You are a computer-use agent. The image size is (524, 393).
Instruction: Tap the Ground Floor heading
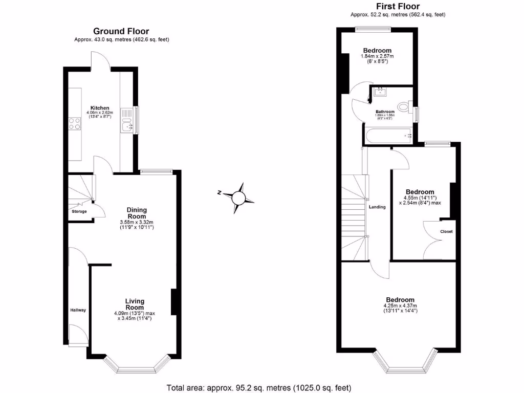(x=121, y=32)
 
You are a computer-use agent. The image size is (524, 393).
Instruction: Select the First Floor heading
(x=398, y=6)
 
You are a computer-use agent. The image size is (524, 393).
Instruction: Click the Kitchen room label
(x=100, y=108)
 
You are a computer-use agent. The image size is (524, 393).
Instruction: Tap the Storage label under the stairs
(x=79, y=211)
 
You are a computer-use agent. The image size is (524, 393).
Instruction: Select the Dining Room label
(x=137, y=213)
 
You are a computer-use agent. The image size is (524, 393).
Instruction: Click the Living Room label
(x=135, y=304)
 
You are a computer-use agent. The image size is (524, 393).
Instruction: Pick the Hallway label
(x=78, y=310)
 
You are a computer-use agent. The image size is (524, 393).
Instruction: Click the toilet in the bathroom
(x=407, y=107)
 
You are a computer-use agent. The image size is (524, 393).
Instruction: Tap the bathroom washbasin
(x=380, y=92)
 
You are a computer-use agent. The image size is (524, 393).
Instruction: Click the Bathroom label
(x=385, y=112)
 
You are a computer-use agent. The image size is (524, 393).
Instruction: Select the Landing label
(x=377, y=207)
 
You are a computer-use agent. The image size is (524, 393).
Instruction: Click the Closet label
(x=446, y=231)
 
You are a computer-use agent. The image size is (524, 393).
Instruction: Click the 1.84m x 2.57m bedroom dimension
(x=378, y=56)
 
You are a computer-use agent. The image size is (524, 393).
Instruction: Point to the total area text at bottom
(x=259, y=387)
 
